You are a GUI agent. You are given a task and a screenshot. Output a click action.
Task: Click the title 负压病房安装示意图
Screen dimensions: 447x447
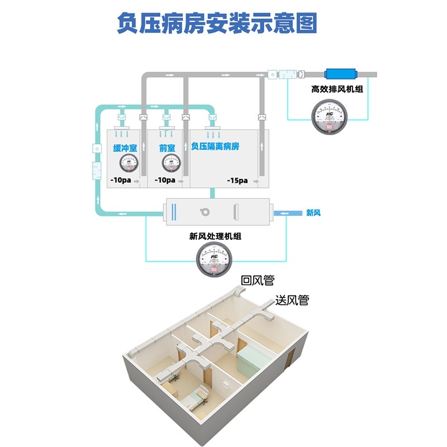pyautogui.click(x=217, y=23)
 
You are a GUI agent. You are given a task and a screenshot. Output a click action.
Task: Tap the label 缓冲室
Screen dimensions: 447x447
pyautogui.click(x=126, y=148)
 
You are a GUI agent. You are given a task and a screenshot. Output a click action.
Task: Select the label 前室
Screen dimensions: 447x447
pyautogui.click(x=167, y=148)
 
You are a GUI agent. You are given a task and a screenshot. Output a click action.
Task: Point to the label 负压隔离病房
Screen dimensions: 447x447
pyautogui.click(x=215, y=146)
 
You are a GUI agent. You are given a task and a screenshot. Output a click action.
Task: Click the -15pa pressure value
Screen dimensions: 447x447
pyautogui.click(x=237, y=180)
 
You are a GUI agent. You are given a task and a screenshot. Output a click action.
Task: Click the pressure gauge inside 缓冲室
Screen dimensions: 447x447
pyautogui.click(x=130, y=163)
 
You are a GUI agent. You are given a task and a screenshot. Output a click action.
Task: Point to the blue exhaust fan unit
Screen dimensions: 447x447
pyautogui.click(x=341, y=74)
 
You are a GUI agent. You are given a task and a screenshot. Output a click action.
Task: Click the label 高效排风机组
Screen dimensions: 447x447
pyautogui.click(x=337, y=89)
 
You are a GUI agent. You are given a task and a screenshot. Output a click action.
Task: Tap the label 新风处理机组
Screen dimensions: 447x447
pyautogui.click(x=215, y=236)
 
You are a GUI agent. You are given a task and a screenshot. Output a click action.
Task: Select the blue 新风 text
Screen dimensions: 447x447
pyautogui.click(x=313, y=213)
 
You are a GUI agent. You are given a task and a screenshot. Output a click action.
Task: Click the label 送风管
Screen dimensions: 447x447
pyautogui.click(x=292, y=300)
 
